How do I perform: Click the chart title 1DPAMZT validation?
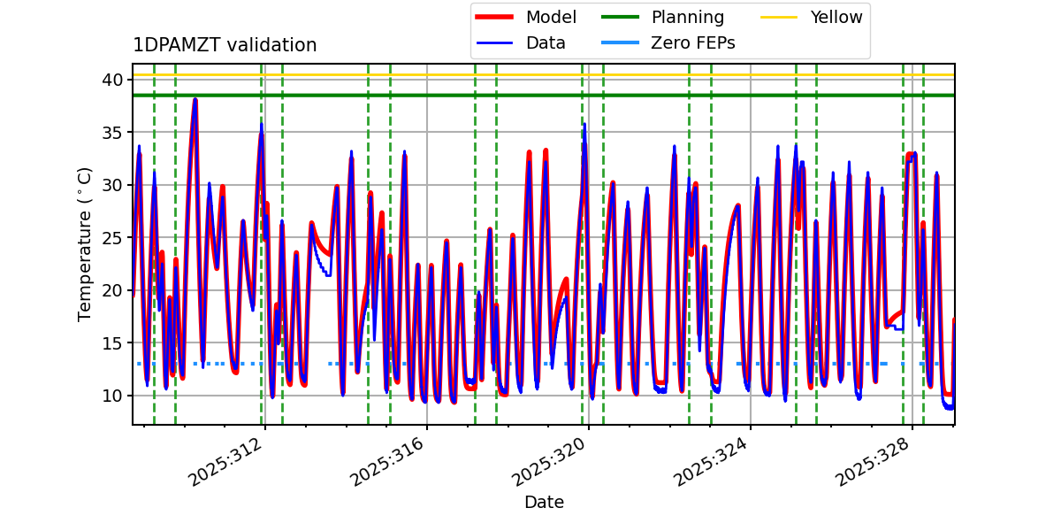225,45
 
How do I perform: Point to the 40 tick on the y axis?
111,80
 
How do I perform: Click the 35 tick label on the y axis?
111,133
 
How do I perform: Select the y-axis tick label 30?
111,185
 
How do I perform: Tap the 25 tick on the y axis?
111,237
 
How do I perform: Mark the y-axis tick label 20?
111,290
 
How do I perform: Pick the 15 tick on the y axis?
111,342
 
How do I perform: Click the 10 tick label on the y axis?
111,396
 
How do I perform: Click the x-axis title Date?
544,503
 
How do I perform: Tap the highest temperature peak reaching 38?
195,100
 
